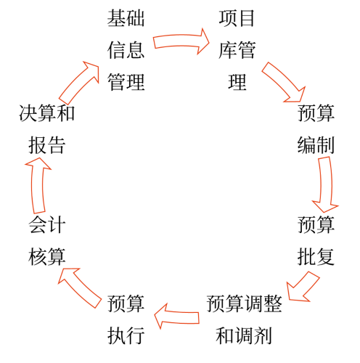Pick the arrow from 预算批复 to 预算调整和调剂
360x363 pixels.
click(x=302, y=285)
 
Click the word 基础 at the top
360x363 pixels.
click(x=126, y=18)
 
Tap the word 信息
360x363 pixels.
click(x=126, y=50)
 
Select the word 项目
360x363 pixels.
click(x=237, y=18)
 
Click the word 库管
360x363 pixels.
click(x=237, y=50)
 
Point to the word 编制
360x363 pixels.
click(x=316, y=144)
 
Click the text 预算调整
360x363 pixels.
click(x=245, y=303)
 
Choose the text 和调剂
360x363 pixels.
click(x=245, y=335)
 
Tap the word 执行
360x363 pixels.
click(x=126, y=335)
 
